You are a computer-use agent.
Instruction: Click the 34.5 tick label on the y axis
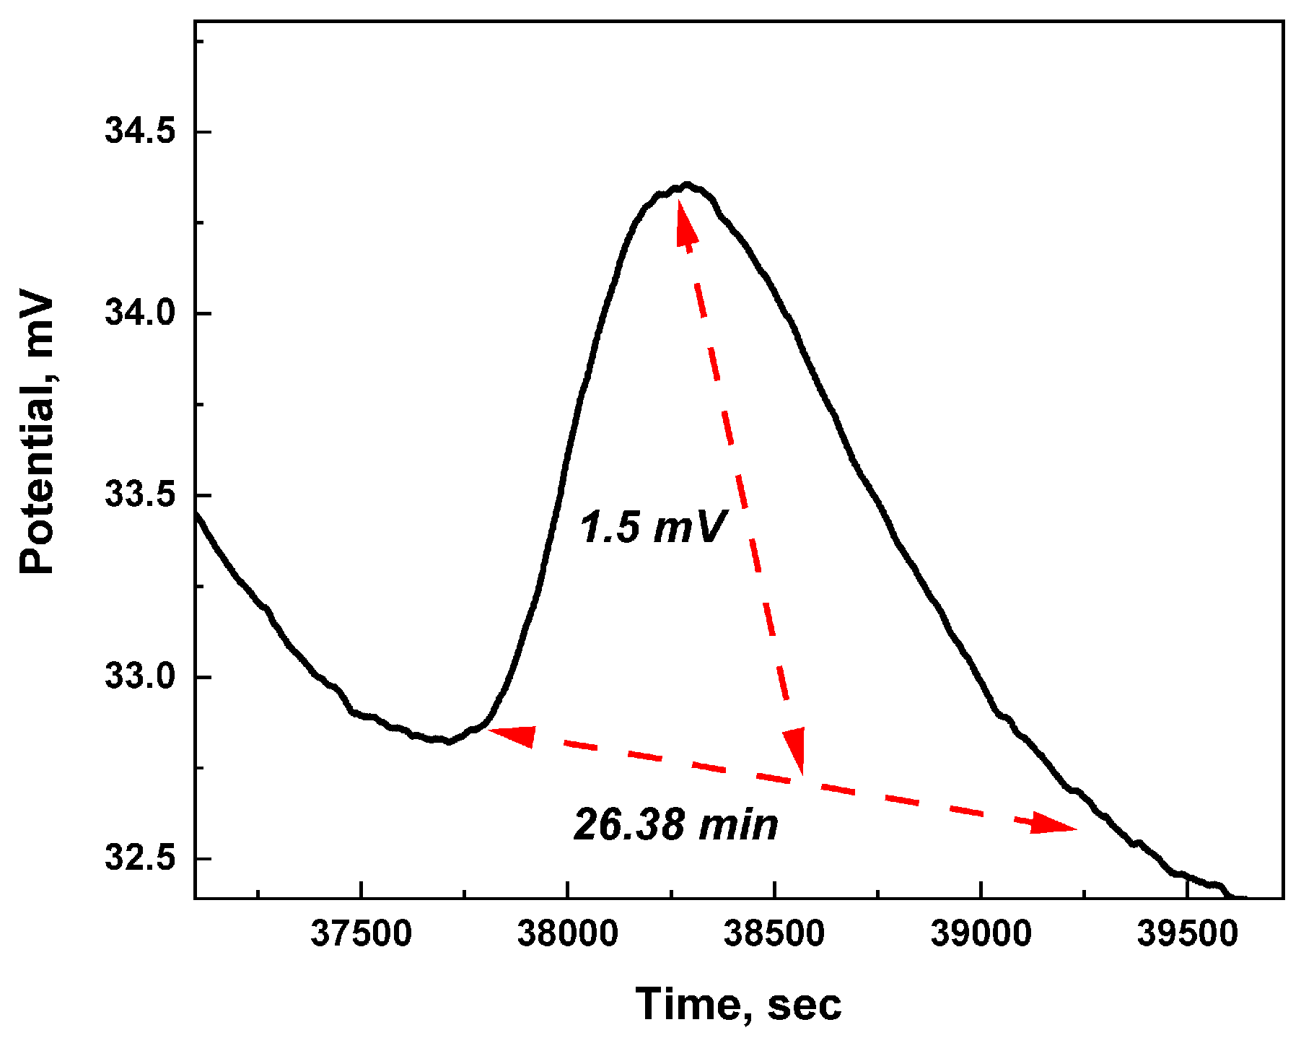pos(141,132)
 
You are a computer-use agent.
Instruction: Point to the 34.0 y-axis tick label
pos(141,314)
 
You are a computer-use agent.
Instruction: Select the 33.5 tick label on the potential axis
pos(141,496)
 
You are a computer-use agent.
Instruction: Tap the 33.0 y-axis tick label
pos(141,677)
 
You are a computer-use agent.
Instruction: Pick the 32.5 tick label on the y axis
pos(141,858)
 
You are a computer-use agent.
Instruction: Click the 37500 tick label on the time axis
pos(361,934)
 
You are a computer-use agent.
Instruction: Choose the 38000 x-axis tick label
pos(567,934)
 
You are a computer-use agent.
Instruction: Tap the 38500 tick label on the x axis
pos(774,934)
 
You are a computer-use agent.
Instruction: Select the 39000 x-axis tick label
pos(981,934)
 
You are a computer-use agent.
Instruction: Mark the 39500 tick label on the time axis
pos(1187,934)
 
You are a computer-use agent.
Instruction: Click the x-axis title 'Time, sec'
pos(738,1004)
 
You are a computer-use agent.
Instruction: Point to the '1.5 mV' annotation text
pos(652,526)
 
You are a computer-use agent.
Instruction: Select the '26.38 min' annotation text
pos(676,824)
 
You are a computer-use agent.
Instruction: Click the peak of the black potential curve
pos(686,185)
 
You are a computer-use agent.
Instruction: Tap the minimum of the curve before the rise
pos(447,741)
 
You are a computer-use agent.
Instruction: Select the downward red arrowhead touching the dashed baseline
pos(795,752)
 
